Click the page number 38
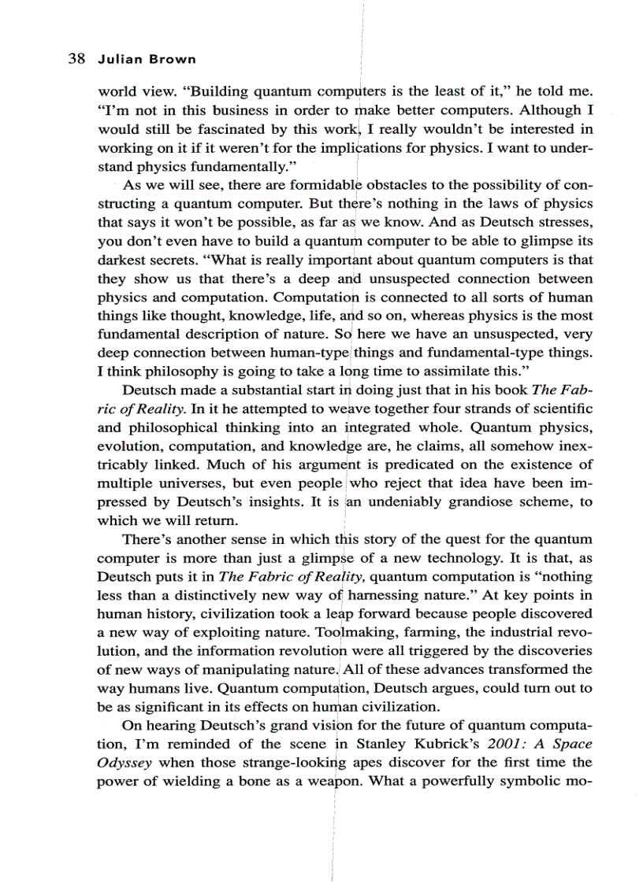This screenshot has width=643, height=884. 76,60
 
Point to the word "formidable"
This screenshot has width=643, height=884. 323,184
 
